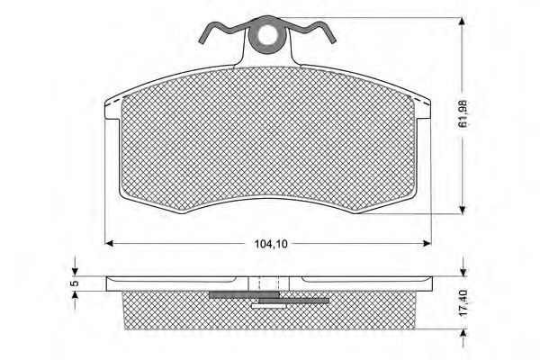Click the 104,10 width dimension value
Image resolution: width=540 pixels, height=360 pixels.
pos(271,244)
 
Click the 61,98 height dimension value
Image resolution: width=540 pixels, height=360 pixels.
pos(463,114)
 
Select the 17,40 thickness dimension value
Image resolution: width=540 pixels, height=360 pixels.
pos(463,303)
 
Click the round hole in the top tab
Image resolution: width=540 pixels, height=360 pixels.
pos(267,35)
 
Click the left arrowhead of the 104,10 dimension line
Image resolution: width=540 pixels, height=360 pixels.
pos(109,244)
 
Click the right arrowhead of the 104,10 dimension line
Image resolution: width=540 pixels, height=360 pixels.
pos(427,244)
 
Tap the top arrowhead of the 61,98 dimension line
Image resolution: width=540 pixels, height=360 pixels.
pos(463,22)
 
